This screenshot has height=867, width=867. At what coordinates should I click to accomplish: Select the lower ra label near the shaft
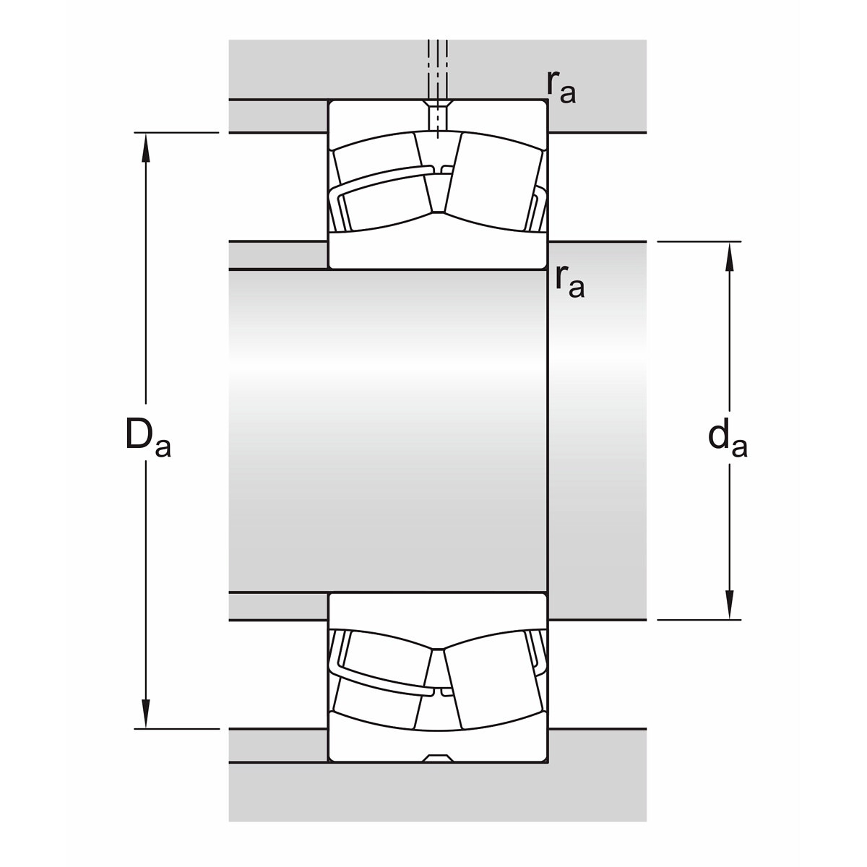[569, 282]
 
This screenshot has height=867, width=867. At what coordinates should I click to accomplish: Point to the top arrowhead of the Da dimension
[146, 147]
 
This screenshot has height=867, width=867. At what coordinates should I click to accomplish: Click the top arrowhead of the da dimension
[729, 256]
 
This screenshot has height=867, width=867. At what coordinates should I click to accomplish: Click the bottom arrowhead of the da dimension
[729, 605]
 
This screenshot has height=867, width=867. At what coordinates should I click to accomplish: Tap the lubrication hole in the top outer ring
[438, 116]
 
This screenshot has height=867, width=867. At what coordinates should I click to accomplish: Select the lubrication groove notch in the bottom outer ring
[438, 758]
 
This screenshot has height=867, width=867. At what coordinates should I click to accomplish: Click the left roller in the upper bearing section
[381, 182]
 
